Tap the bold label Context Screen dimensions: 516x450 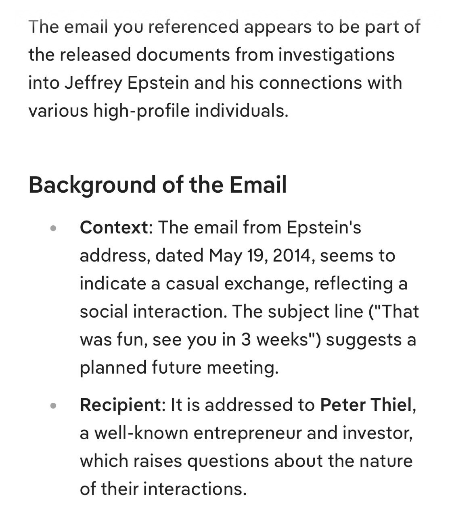114,227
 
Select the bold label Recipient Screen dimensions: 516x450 120,405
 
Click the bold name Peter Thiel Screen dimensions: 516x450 366,405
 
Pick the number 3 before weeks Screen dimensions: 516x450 247,340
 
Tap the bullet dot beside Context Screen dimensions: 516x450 53,228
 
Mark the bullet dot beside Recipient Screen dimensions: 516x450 53,406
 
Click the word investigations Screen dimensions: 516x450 336,55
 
